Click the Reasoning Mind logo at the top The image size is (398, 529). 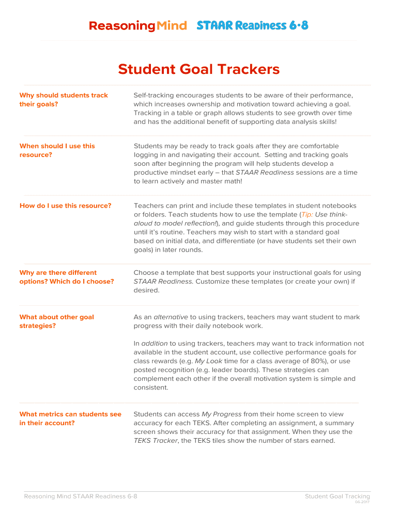coord(137,26)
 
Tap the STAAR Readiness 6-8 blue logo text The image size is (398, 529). coord(252,25)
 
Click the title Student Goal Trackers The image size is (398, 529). coord(198,69)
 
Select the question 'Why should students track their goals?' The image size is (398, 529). coord(64,100)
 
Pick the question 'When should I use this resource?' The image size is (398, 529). coord(57,150)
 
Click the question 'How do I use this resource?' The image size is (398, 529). coord(65,206)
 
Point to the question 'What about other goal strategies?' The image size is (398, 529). coord(56,321)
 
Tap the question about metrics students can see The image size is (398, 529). coord(70,418)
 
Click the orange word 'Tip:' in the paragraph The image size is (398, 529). coord(307,214)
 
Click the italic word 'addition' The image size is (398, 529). coord(154,344)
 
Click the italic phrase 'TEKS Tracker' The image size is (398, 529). coord(156,441)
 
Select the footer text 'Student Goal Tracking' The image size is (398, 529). coord(337,496)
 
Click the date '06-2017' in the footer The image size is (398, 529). coord(362,502)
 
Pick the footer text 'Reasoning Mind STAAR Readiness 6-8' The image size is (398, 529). coord(81,496)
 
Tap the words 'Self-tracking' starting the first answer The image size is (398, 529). coord(154,96)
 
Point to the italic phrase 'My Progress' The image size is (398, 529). coord(221,414)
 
